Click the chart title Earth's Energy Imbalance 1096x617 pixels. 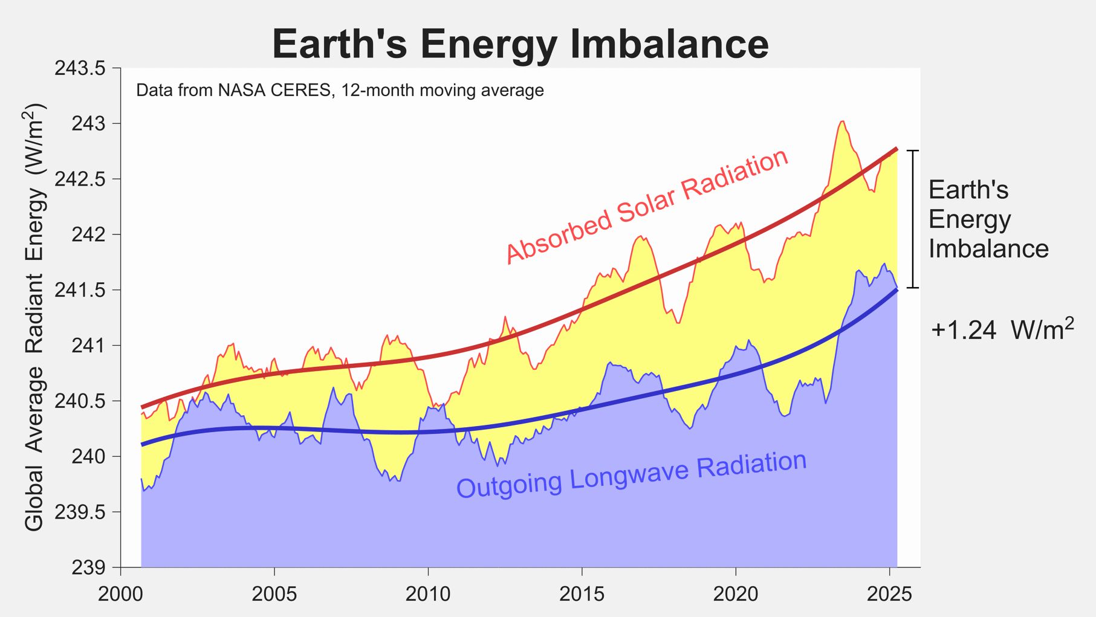520,44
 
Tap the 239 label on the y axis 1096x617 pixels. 88,567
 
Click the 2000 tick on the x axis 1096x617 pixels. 121,594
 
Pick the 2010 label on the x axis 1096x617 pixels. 428,594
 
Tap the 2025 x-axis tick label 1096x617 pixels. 889,594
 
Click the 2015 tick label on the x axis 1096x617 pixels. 582,594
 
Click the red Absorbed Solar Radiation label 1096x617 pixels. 647,206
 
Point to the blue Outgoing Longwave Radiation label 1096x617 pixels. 631,475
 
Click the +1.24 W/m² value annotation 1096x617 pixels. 1002,329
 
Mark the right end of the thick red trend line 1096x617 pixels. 897,149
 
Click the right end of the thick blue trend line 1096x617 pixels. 897,290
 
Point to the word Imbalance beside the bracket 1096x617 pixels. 988,248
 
